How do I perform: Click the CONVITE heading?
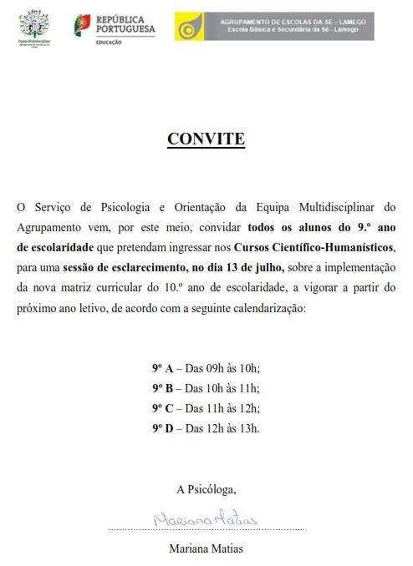click(x=206, y=139)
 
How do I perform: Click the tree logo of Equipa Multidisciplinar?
click(x=34, y=23)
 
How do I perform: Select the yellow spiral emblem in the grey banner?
click(x=189, y=27)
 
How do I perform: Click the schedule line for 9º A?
click(x=206, y=368)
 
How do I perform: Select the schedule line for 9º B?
click(x=206, y=388)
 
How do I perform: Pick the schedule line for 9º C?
click(x=206, y=408)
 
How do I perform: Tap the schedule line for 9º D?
click(x=206, y=428)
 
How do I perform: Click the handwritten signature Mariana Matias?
click(x=205, y=520)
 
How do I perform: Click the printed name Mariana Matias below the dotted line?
click(x=206, y=548)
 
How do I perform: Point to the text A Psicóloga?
click(x=206, y=488)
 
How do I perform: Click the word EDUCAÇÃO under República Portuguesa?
click(x=109, y=41)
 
